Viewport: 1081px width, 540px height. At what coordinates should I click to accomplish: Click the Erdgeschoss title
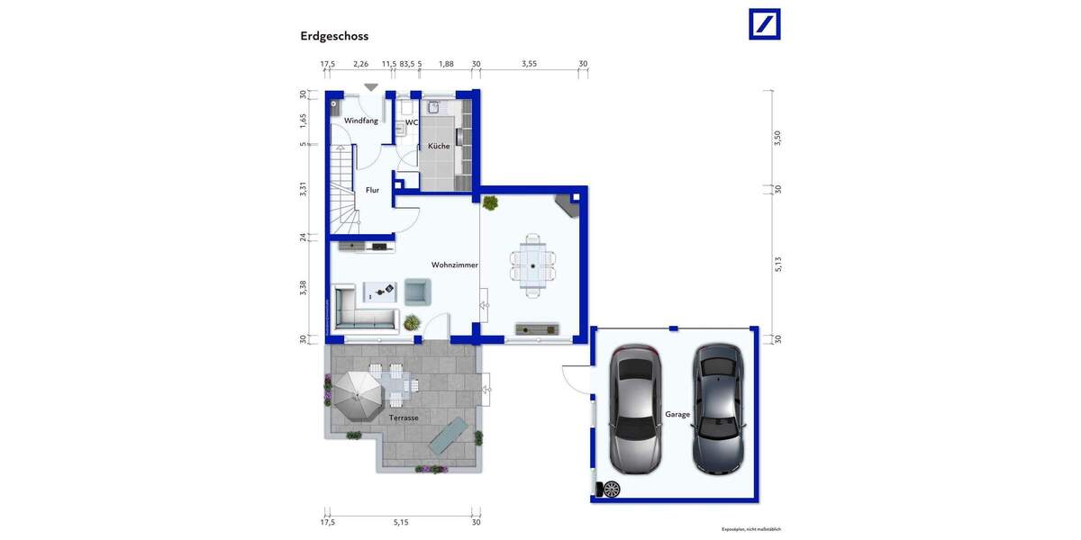[334, 36]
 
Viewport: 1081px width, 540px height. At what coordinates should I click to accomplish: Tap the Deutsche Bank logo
[765, 24]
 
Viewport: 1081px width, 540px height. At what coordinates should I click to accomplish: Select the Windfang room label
[361, 121]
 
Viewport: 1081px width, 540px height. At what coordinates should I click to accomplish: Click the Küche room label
[439, 146]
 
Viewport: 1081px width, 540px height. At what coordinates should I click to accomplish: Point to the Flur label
[372, 190]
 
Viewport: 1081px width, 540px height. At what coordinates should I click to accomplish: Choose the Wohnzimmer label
[454, 265]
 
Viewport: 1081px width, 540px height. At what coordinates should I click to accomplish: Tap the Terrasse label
[404, 418]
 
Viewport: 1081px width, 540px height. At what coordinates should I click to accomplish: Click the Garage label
[677, 414]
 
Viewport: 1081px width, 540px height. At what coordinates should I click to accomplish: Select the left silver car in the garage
[635, 409]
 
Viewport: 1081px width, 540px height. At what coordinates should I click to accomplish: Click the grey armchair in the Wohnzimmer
[417, 291]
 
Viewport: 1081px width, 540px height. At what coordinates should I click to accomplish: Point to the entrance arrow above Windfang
[371, 87]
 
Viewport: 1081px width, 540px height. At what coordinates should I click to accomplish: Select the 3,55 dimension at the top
[529, 64]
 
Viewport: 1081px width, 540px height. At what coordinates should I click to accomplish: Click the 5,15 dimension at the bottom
[401, 522]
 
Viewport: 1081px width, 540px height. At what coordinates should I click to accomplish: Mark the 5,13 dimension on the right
[777, 264]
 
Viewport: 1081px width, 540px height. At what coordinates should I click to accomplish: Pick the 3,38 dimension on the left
[304, 288]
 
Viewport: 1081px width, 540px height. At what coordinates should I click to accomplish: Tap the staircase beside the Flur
[342, 193]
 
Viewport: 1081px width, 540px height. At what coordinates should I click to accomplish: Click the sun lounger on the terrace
[448, 436]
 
